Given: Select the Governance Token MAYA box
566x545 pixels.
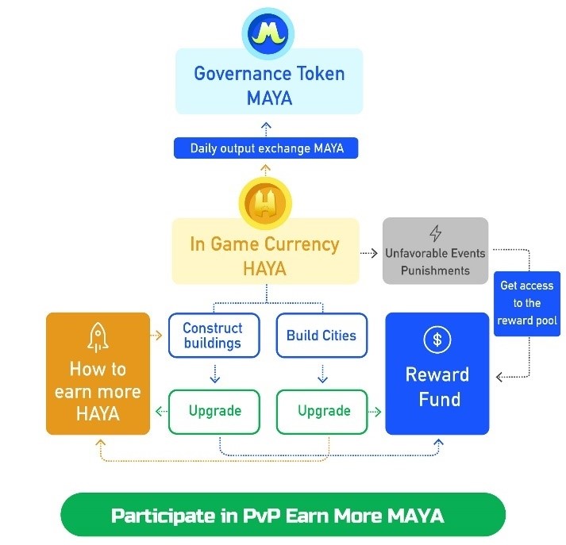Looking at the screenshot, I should pos(270,85).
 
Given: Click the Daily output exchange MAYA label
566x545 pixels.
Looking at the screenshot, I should pos(267,148).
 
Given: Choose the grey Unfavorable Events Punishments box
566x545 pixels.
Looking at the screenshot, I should pos(435,251).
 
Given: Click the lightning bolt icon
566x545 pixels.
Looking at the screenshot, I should pos(435,233).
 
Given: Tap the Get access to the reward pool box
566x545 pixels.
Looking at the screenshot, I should pos(527,302).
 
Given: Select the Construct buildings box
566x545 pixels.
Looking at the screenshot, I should pos(213,336).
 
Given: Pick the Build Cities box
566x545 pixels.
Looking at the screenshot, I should pos(322,336).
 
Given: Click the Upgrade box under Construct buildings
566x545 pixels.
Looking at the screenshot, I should pos(214,411).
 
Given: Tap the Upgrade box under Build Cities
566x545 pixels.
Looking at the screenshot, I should pos(323,411).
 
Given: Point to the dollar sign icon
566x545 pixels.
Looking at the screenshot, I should pos(437,340).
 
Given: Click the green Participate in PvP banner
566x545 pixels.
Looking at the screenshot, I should pos(283,516).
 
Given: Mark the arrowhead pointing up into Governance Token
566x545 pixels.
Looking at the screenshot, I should pos(267,125).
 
